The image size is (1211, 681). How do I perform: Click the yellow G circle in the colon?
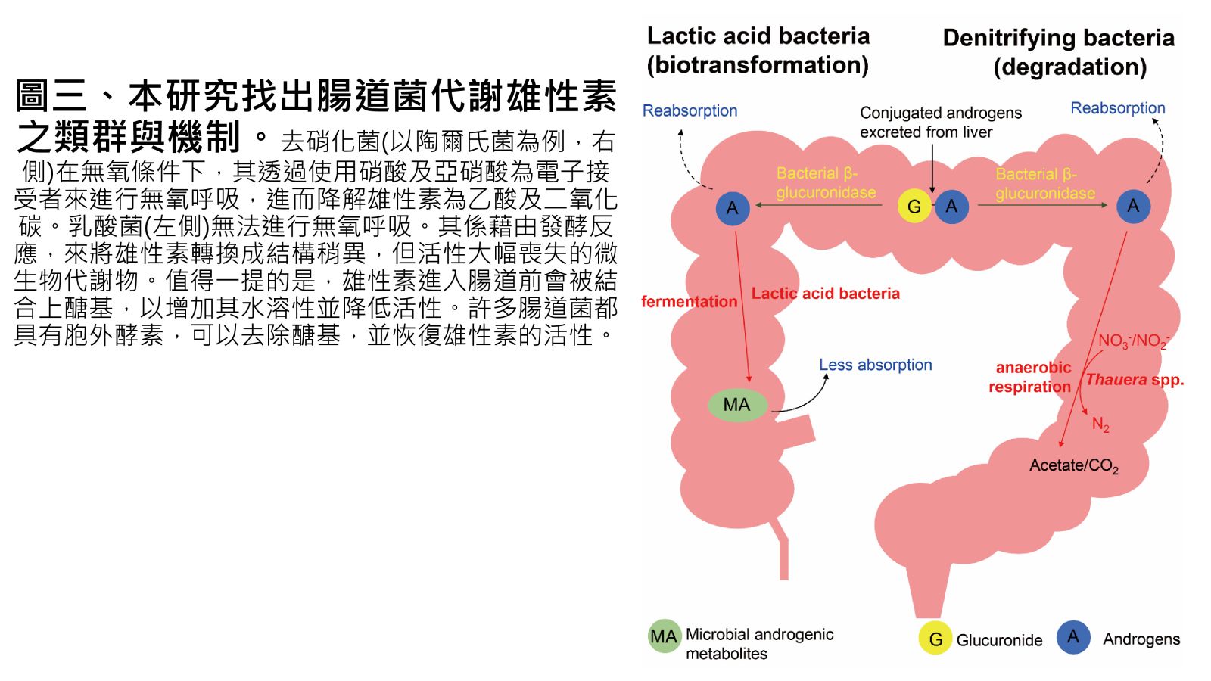[x=914, y=207]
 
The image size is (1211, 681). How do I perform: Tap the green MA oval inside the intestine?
[x=737, y=405]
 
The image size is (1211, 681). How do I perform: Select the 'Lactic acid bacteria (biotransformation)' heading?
[x=758, y=50]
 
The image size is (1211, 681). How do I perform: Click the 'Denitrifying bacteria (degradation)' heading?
[x=1059, y=52]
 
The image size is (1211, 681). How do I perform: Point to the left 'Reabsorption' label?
[x=690, y=110]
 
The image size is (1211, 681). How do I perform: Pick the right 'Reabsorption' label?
[x=1117, y=108]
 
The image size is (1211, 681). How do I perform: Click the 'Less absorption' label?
[x=876, y=365]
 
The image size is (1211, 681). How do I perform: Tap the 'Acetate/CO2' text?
[x=1073, y=465]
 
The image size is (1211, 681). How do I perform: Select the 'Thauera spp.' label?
[x=1135, y=380]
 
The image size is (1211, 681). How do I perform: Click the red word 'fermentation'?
[x=689, y=302]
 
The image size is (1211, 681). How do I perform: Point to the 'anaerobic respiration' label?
[x=1031, y=377]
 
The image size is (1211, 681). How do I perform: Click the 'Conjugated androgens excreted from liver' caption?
[x=940, y=123]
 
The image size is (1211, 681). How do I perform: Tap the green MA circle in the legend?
[x=664, y=637]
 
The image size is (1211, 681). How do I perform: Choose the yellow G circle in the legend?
[x=935, y=639]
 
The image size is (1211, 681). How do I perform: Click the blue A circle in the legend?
[x=1073, y=637]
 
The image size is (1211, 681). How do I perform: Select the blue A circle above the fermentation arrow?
[x=733, y=208]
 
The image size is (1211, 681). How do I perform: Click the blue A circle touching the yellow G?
[x=951, y=207]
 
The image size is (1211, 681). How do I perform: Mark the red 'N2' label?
[x=1100, y=424]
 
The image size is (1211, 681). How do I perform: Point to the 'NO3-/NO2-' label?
[x=1133, y=341]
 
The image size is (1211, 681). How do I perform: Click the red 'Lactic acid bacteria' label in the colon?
[x=825, y=294]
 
